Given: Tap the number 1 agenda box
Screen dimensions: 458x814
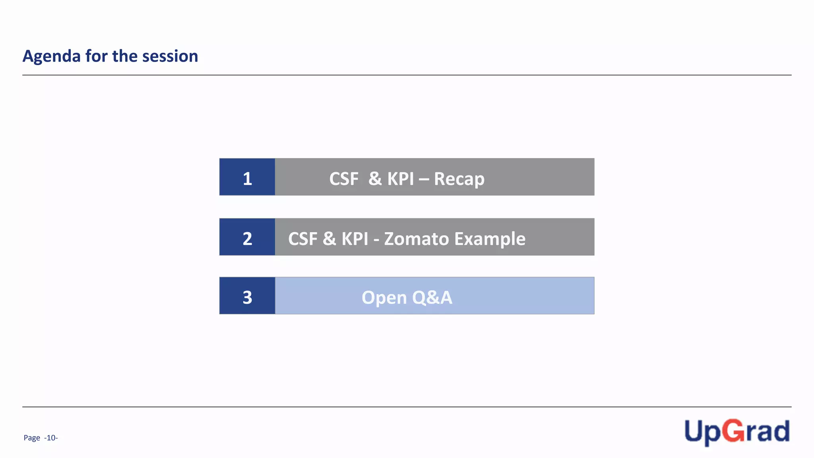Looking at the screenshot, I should tap(247, 177).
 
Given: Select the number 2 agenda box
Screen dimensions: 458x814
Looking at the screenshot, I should tap(247, 237).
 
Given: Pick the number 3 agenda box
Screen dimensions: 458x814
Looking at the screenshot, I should tap(247, 296).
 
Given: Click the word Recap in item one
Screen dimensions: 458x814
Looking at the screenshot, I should tap(459, 179).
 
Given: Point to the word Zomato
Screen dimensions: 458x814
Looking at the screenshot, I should tap(416, 239).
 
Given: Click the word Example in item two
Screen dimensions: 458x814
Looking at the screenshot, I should tap(490, 239).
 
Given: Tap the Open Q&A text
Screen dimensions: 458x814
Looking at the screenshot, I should tap(407, 297).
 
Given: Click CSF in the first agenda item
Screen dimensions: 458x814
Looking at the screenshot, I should tap(344, 179).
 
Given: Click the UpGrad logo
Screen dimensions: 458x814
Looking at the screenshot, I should tap(736, 432).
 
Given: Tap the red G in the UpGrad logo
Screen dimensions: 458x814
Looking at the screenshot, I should tap(733, 431).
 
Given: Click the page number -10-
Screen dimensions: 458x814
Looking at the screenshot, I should tap(51, 438).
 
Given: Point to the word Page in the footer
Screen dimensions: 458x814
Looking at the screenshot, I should tap(32, 438).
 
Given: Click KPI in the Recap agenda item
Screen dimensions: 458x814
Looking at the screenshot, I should tap(401, 179).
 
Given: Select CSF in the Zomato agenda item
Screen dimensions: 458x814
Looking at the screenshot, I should tap(303, 239).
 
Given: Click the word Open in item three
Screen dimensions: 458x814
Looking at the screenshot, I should tap(384, 297).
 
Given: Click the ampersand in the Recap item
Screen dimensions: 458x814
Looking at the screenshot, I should tap(375, 179).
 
